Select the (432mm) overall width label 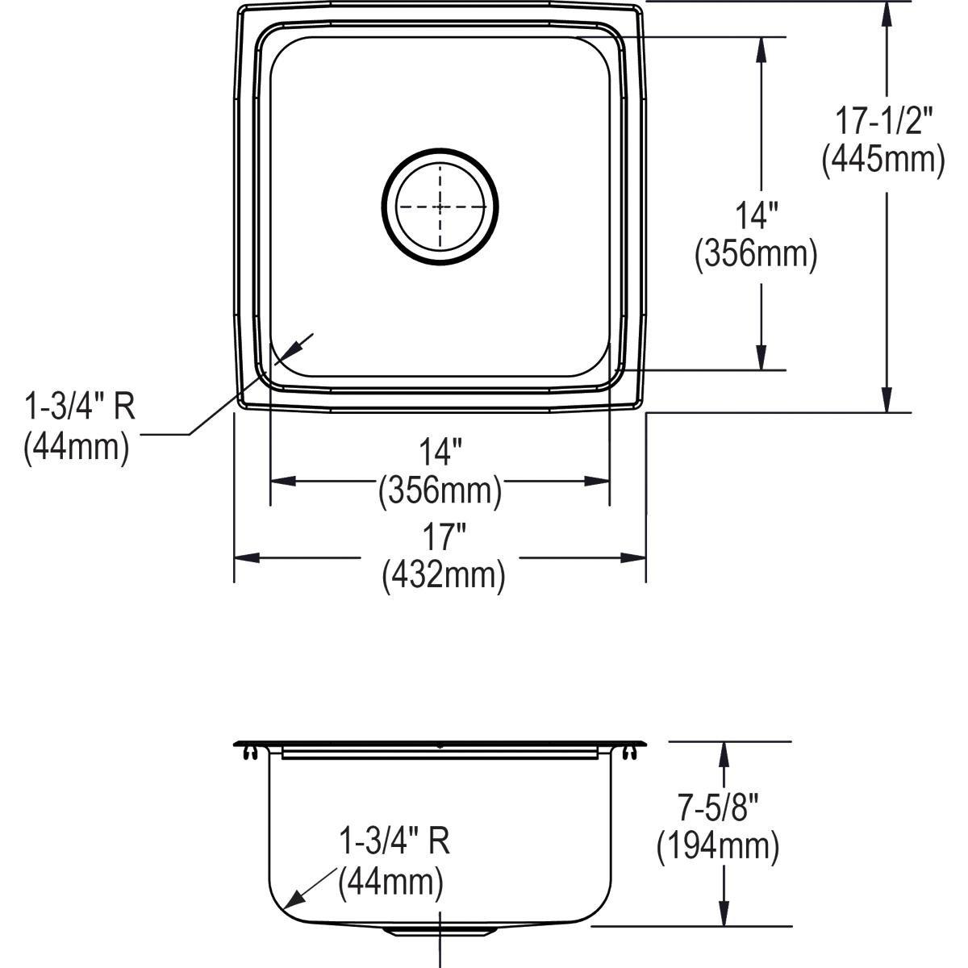443,575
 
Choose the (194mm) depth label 717,846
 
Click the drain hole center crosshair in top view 440,207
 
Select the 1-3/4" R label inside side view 393,842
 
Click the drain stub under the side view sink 440,931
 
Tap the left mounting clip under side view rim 249,753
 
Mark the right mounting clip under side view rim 629,753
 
